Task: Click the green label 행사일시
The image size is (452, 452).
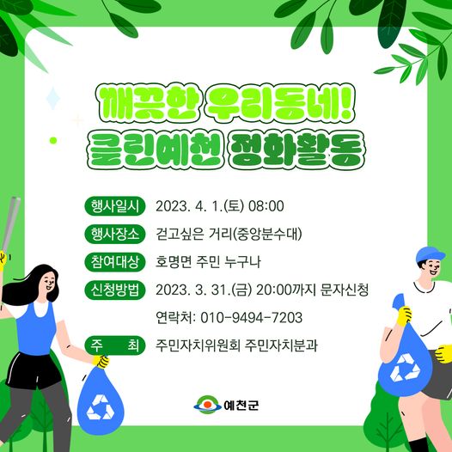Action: click(115, 206)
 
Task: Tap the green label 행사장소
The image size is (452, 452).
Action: click(115, 234)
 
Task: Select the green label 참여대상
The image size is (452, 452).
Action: click(115, 262)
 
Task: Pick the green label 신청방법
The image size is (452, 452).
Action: click(115, 290)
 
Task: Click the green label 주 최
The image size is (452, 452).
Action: click(115, 345)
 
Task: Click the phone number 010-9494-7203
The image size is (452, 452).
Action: click(252, 318)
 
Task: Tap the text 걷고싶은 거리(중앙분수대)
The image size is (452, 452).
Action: click(229, 234)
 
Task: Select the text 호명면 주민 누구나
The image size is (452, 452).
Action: click(208, 262)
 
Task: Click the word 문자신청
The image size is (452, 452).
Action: click(345, 290)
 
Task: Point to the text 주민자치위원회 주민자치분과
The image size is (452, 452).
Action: click(236, 345)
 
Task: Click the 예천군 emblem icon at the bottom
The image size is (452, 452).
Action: click(207, 405)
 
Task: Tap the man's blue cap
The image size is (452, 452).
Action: click(431, 254)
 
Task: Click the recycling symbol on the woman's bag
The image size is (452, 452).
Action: click(101, 407)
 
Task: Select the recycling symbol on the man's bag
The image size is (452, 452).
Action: click(405, 367)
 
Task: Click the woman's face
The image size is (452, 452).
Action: click(47, 283)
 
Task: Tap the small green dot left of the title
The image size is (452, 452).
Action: click(53, 140)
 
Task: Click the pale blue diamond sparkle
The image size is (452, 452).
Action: click(53, 98)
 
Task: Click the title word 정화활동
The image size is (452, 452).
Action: click(297, 150)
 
